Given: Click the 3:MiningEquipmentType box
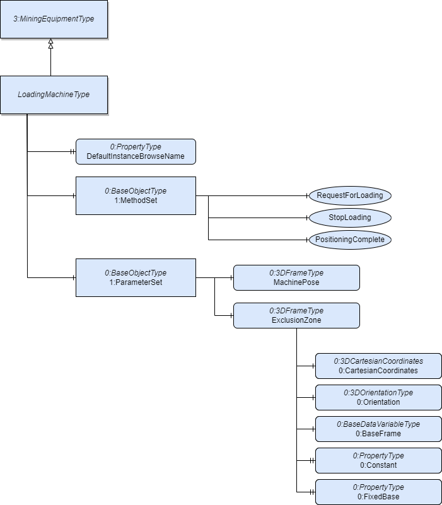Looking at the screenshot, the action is (x=54, y=20).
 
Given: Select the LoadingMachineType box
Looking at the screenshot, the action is (x=54, y=95).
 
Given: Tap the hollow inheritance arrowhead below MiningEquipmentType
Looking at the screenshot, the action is (x=50, y=44).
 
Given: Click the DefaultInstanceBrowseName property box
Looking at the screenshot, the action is (x=136, y=152).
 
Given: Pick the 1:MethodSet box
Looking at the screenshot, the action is (x=136, y=195).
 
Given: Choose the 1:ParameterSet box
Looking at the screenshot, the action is (x=136, y=277).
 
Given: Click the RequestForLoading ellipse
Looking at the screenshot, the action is (x=350, y=195).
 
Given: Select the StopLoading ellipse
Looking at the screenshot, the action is (x=350, y=218).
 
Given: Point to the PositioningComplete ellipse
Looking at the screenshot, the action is (x=350, y=240).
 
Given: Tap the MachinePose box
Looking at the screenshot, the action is (x=296, y=277).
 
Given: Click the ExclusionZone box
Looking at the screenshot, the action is (x=296, y=316).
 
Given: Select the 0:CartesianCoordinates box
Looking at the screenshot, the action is (x=378, y=366).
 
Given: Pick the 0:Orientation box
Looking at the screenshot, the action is (x=378, y=397).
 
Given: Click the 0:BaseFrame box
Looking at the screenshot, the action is (x=378, y=429).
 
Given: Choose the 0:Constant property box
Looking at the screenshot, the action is (x=378, y=461).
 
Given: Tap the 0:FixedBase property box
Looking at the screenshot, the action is (x=378, y=492).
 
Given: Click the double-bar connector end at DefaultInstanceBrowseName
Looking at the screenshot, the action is (x=73, y=152).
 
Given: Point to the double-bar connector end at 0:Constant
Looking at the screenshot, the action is (x=312, y=461).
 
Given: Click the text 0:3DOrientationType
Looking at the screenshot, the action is (x=378, y=393).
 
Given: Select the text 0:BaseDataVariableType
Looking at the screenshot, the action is (x=378, y=424).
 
